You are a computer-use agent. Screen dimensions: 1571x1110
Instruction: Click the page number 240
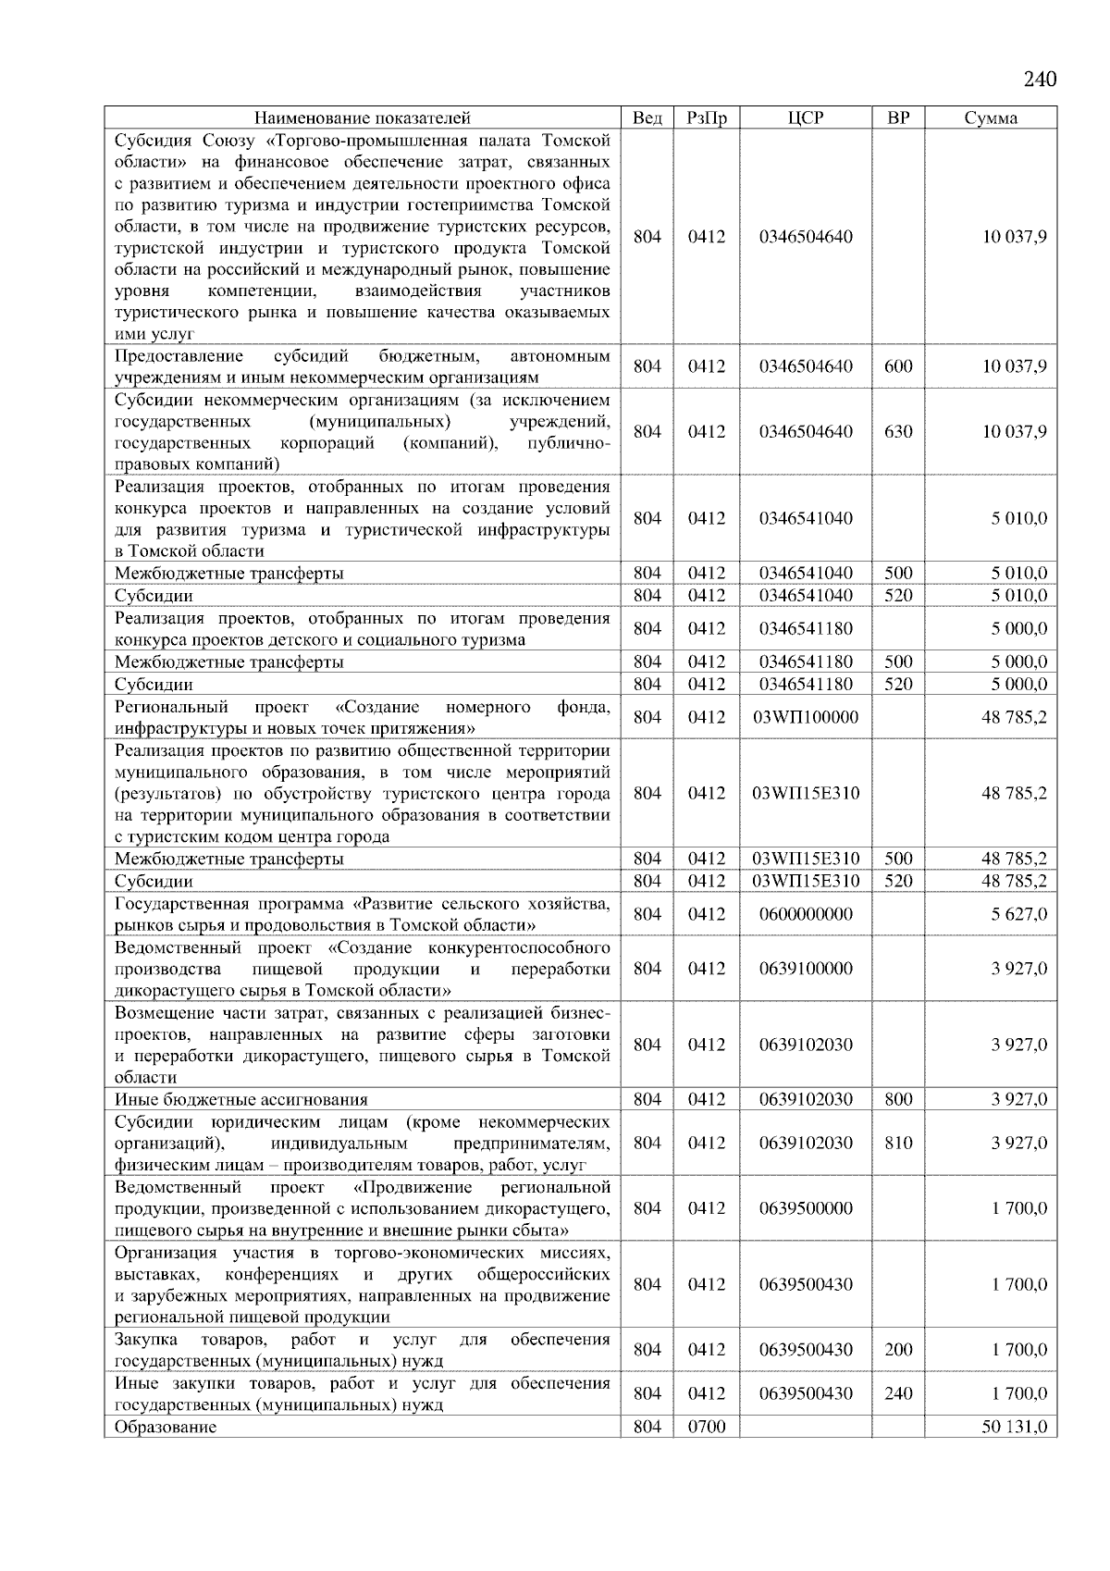coord(1040,80)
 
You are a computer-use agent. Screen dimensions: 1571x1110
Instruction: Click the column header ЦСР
coord(806,118)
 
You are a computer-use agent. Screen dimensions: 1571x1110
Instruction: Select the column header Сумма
coord(991,118)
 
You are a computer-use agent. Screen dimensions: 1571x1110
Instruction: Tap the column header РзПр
coord(708,118)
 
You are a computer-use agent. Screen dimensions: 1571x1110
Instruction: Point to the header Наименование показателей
coord(363,118)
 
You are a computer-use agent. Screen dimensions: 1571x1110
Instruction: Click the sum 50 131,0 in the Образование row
coord(1014,1428)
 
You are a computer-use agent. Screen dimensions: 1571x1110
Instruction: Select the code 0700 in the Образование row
coord(708,1428)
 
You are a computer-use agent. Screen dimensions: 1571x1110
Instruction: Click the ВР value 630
coord(898,432)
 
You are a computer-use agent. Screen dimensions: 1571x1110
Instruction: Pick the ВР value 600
coord(898,366)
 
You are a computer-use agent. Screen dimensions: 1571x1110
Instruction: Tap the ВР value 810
coord(898,1144)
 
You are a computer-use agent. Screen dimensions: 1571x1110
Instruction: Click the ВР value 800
coord(898,1100)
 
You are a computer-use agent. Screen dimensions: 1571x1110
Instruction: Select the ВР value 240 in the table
coord(898,1394)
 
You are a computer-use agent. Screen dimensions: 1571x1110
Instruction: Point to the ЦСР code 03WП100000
coord(806,718)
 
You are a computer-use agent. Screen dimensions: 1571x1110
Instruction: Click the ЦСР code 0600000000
coord(806,915)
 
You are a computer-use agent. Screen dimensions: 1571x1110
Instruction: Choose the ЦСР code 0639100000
coord(806,970)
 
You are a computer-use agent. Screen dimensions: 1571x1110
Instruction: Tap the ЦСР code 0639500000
coord(806,1209)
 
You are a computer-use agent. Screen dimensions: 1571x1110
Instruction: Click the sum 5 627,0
coord(1019,915)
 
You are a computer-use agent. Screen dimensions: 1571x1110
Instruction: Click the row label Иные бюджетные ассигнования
coord(241,1100)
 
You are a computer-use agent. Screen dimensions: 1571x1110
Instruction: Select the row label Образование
coord(166,1428)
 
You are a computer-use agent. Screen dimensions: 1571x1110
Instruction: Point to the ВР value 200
coord(898,1351)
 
